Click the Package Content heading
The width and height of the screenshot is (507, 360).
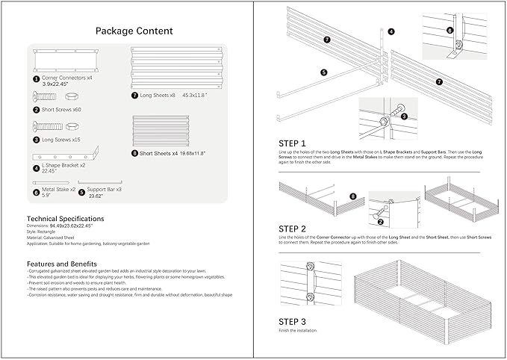coord(134,31)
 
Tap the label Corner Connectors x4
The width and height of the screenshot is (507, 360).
coord(67,78)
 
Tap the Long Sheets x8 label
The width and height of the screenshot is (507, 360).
coord(167,95)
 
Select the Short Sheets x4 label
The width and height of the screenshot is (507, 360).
coord(171,153)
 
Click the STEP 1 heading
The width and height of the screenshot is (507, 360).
coord(293,143)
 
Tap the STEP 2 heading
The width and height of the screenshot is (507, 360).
coord(293,228)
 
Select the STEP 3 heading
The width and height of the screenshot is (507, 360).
coord(293,321)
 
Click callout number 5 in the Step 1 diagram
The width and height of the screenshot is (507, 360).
coord(324,72)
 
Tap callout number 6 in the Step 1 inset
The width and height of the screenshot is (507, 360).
coord(450,31)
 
